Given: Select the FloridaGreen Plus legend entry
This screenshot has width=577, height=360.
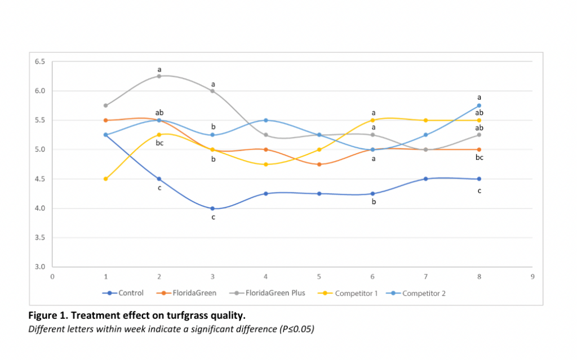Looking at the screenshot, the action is click(267, 293).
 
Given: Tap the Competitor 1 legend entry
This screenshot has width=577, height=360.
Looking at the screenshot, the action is click(347, 294).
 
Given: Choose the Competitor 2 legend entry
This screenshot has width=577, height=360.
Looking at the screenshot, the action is click(416, 294).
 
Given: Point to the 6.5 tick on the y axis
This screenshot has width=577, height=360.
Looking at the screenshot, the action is click(40, 61).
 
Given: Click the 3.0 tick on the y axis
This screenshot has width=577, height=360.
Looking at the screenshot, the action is click(40, 267).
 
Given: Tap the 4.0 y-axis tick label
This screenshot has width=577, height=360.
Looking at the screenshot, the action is click(40, 208).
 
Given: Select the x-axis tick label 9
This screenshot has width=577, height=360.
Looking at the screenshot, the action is click(532, 277).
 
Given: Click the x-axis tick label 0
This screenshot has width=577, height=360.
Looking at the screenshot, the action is click(52, 277).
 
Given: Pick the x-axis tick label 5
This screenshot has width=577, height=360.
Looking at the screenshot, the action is click(319, 277).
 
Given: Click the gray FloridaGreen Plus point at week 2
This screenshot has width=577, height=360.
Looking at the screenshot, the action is click(159, 76).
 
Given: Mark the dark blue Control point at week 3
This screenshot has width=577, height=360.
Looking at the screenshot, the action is click(212, 208).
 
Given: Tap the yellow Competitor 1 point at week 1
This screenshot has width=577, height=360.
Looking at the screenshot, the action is click(105, 179).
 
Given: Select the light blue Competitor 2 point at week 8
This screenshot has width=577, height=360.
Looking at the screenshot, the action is click(479, 106).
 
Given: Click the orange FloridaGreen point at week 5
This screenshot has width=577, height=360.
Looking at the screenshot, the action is click(319, 164).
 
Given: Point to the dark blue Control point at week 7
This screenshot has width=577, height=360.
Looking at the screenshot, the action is click(426, 179).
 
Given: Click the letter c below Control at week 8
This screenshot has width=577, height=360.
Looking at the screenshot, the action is click(479, 190).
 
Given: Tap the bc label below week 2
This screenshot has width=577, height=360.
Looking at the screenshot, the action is click(159, 143).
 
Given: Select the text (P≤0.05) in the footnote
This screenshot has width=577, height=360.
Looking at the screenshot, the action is click(296, 329).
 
